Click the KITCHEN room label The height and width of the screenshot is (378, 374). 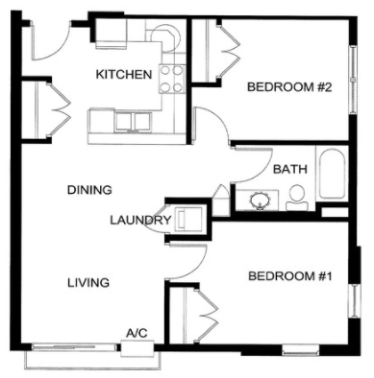[123, 74]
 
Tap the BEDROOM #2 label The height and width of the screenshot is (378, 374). [289, 87]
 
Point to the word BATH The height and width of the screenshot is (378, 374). [289, 169]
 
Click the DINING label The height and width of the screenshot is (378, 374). [89, 189]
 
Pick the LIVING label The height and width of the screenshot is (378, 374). [87, 283]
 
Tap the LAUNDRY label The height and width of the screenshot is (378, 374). [140, 220]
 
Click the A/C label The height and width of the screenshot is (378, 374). [136, 333]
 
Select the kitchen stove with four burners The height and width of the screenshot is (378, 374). [172, 77]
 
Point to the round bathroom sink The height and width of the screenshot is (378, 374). [260, 201]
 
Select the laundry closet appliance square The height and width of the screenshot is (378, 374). [188, 220]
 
